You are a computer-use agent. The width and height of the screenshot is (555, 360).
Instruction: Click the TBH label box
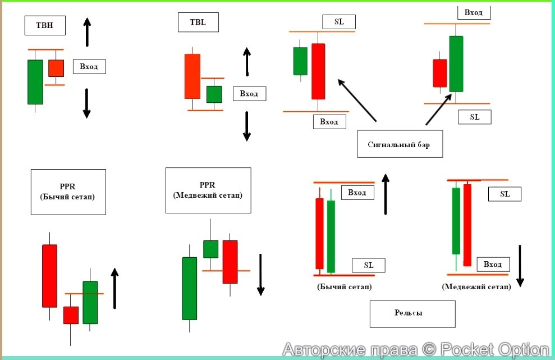pos(45,25)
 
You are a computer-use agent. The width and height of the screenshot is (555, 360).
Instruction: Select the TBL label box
pos(198,22)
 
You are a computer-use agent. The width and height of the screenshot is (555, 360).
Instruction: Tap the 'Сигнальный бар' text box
pos(399,144)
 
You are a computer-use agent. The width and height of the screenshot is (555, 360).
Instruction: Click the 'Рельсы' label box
pos(412,313)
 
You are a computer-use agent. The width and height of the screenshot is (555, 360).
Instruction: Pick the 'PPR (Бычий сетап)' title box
pos(68,192)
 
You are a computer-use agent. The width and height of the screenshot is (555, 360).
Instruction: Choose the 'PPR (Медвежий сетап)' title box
pos(208,190)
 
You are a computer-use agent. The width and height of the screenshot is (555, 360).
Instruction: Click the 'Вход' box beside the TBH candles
pos(89,67)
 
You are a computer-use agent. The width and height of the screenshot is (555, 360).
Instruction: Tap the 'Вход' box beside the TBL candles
pos(249,94)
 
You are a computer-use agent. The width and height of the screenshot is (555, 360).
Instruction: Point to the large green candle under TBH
pos(35,81)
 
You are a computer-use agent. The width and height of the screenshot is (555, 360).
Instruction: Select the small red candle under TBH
pos(56,68)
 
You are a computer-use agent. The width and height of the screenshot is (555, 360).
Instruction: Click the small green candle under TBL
pos(214,94)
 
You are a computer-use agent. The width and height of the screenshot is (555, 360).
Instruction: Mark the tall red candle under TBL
pos(192,76)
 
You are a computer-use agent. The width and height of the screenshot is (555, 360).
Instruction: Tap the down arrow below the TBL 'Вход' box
pos(246,126)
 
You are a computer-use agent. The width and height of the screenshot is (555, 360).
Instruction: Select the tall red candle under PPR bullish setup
pos(49,275)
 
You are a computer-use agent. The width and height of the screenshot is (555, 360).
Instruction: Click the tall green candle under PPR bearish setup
pos(190,288)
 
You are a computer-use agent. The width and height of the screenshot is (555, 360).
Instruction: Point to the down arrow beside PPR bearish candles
pos(260,274)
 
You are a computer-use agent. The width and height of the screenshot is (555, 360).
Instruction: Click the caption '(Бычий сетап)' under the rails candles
pos(344,286)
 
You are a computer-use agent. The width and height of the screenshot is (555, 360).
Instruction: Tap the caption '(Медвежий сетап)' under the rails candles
pos(476,286)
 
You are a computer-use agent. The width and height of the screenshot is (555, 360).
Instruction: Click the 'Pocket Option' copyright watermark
pos(415,350)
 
